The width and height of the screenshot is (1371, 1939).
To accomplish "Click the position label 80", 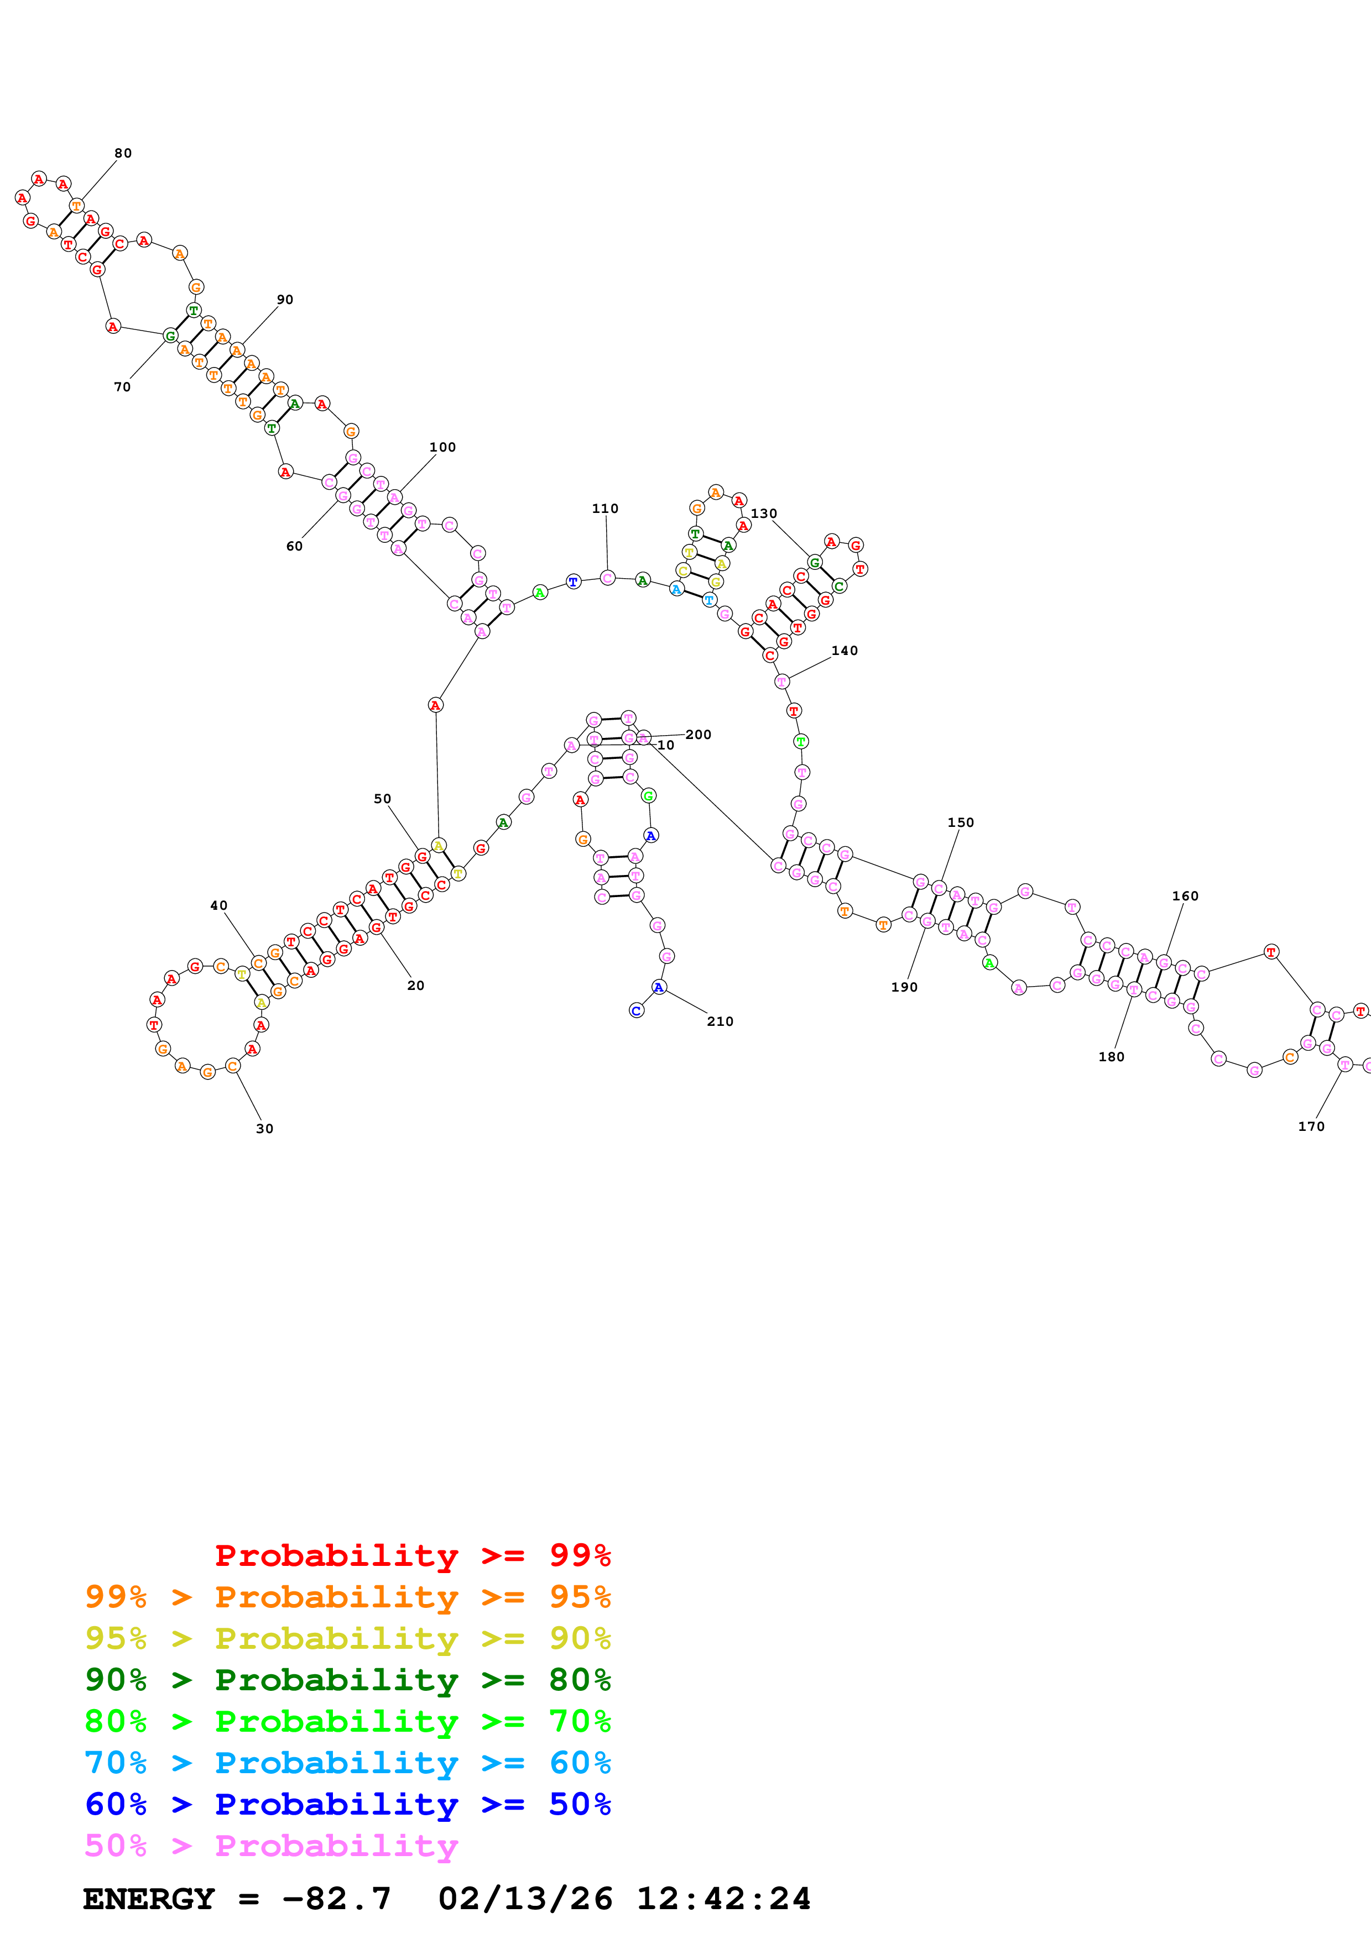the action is pos(123,153).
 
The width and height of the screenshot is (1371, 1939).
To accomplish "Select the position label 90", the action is pos(285,299).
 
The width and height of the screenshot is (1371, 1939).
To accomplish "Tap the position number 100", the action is pos(442,447).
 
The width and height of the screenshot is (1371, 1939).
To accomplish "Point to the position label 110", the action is pos(605,509).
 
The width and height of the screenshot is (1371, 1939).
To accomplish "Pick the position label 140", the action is pos(845,650).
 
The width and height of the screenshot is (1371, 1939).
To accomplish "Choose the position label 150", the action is pos(961,822).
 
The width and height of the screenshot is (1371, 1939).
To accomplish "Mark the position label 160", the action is pos(1185,896).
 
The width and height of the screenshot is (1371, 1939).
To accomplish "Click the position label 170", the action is pos(1311,1126).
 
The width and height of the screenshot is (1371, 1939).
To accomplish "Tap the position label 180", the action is pos(1112,1056).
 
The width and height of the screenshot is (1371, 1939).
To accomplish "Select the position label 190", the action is pos(904,987).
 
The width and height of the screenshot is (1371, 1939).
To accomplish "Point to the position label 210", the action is pos(720,1021).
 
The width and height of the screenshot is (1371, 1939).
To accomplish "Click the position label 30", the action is pos(264,1128).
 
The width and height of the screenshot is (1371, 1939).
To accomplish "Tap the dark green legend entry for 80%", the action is pos(348,1680).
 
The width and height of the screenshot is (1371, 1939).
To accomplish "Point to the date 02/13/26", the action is pos(525,1899).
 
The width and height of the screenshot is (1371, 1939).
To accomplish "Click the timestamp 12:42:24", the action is pos(724,1899).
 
